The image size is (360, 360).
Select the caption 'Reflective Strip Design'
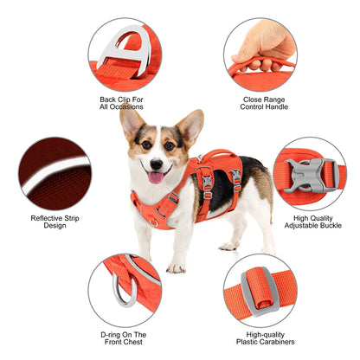[54, 222]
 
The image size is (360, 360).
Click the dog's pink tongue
[156, 177]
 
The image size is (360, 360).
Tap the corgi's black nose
[156, 162]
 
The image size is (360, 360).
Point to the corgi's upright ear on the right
[190, 125]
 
